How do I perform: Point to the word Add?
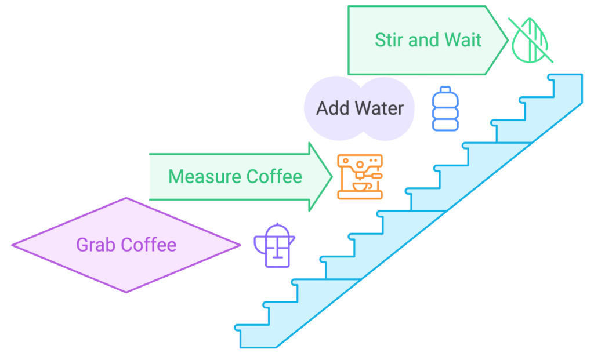(x=331, y=108)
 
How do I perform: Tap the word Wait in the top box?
(x=463, y=40)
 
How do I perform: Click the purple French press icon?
(x=274, y=246)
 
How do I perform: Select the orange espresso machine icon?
(x=360, y=177)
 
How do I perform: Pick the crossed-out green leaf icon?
(x=531, y=40)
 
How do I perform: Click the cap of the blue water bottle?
(x=445, y=89)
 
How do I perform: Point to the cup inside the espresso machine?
(x=359, y=187)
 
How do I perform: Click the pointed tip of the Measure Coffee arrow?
(x=331, y=176)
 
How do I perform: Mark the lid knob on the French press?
(x=277, y=225)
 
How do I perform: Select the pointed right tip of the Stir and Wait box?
(x=508, y=40)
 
